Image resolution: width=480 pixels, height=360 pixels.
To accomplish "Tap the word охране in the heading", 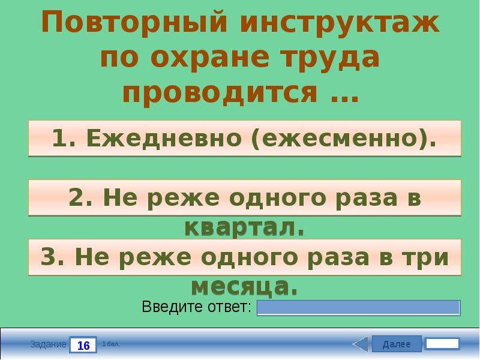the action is click(209, 58).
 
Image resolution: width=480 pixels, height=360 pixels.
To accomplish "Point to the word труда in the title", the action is click(331, 59).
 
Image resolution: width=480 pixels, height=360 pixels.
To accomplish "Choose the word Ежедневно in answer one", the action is click(164, 138).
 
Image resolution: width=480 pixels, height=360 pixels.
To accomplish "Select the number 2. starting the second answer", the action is click(80, 197).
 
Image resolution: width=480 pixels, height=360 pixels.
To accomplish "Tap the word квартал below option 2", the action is click(241, 228).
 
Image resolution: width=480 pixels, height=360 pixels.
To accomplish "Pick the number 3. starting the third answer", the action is click(52, 257).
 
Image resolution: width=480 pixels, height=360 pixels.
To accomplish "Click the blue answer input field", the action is click(358, 308).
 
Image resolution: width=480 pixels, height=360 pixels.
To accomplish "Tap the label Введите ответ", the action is click(196, 307).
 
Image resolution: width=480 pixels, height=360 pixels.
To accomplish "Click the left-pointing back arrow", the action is click(360, 344).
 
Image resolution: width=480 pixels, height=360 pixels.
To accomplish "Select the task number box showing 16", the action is click(83, 345).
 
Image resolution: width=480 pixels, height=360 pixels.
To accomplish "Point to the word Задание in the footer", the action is click(48, 344).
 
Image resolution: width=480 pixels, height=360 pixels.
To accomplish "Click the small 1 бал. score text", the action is click(111, 344).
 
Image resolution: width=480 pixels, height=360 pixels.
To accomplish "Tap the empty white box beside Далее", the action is click(443, 344).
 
